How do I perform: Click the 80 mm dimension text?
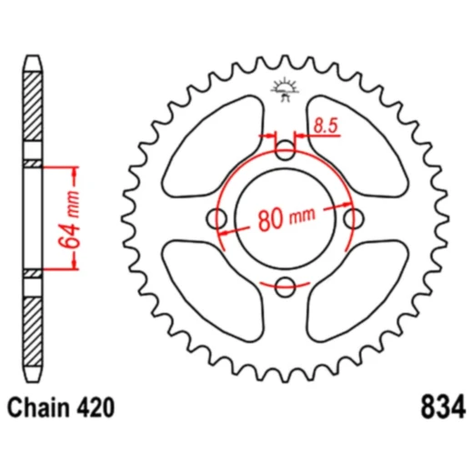click(286, 218)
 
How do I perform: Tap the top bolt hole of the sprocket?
click(287, 149)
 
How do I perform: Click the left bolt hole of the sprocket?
click(217, 218)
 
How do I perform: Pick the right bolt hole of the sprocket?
click(356, 218)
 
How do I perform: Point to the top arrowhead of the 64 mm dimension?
click(74, 170)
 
